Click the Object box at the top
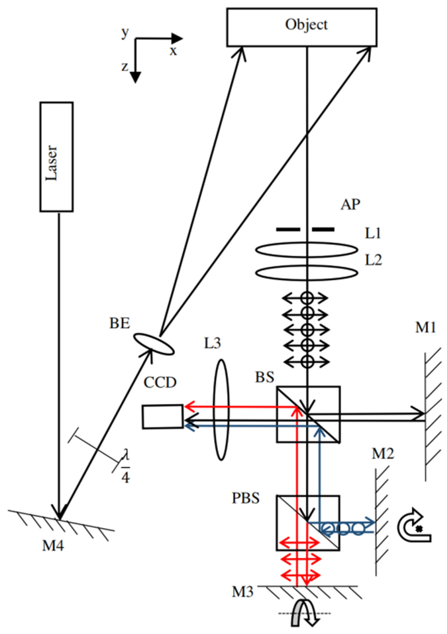coord(302,27)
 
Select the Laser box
coord(56,157)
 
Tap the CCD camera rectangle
coord(163,417)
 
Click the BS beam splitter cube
coord(308,414)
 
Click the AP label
coord(350,205)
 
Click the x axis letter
coord(173,51)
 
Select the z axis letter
coord(125,67)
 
